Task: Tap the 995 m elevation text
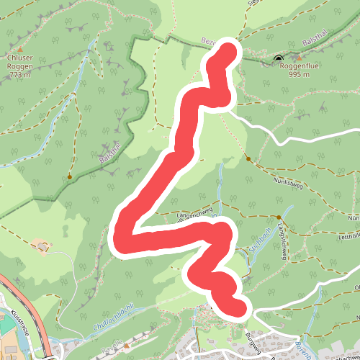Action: click(x=300, y=73)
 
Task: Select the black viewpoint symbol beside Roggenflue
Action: click(x=279, y=58)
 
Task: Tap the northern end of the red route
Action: click(x=230, y=48)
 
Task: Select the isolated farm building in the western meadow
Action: click(x=44, y=247)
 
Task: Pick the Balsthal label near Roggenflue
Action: click(x=315, y=43)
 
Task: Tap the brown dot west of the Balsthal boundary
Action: click(x=70, y=176)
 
